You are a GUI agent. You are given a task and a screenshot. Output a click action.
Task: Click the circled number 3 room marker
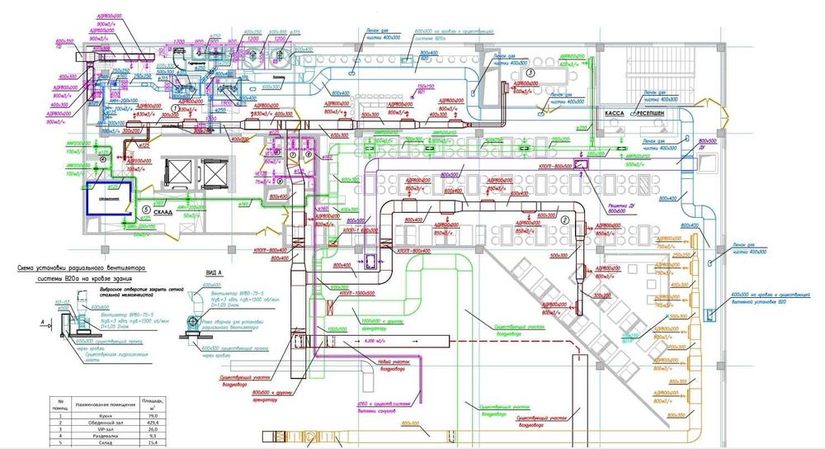pos(531,73)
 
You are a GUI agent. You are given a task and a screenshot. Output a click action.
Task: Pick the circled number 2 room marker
pos(564,220)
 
